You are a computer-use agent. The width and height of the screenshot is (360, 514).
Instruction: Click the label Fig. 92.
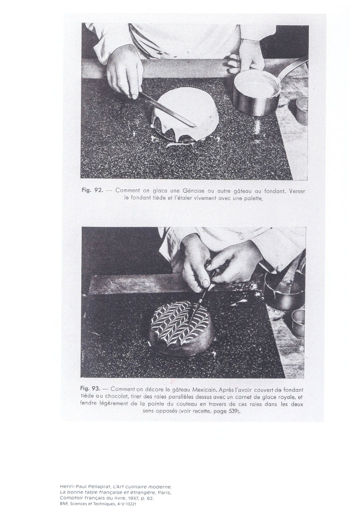pyautogui.click(x=92, y=190)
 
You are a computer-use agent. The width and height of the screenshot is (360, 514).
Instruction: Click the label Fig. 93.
pyautogui.click(x=90, y=389)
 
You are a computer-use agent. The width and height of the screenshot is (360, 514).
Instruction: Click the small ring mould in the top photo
pyautogui.click(x=302, y=110)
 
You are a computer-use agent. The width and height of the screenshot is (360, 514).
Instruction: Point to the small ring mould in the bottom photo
pyautogui.click(x=298, y=323)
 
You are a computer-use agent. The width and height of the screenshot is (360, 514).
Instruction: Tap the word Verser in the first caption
pyautogui.click(x=297, y=191)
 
